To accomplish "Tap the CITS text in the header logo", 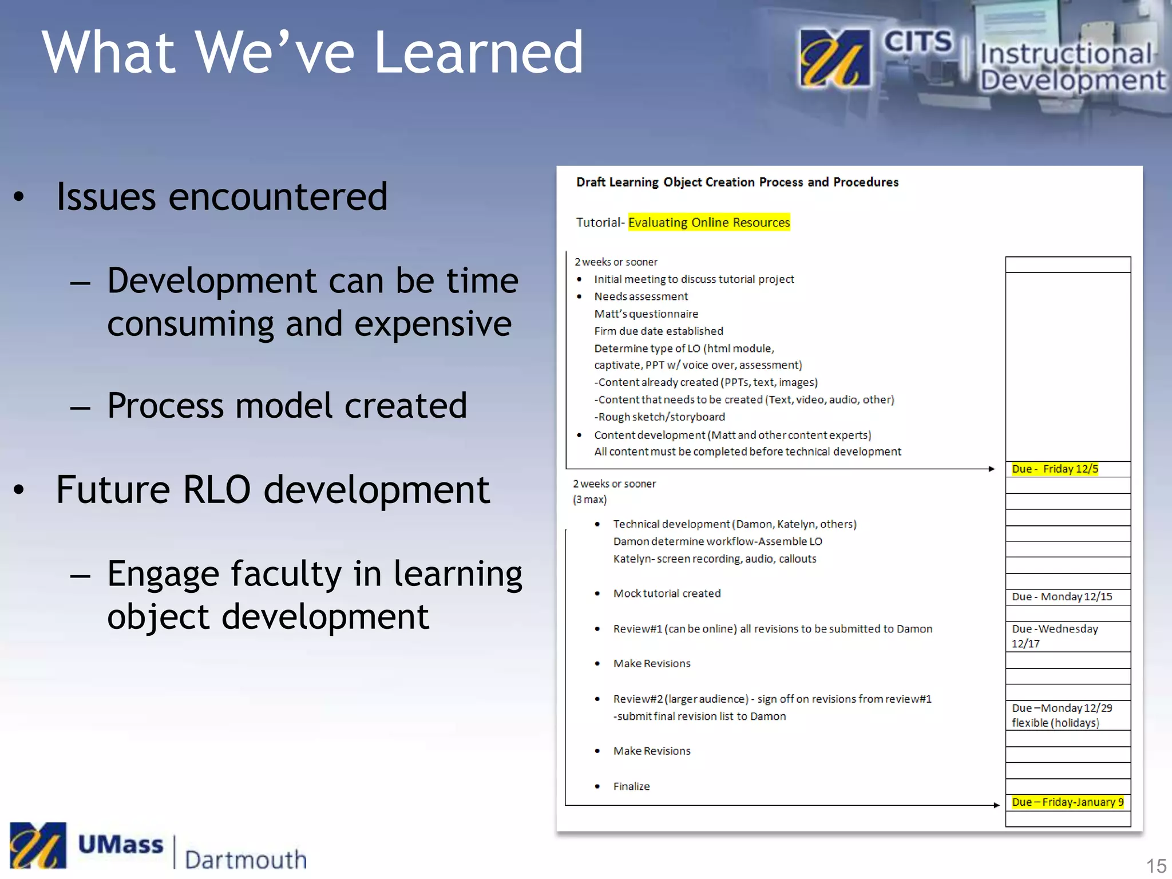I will pyautogui.click(x=917, y=42).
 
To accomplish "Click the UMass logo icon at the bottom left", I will pyautogui.click(x=38, y=845).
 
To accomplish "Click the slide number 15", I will pyautogui.click(x=1155, y=865).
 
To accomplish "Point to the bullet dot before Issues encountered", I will pyautogui.click(x=19, y=197).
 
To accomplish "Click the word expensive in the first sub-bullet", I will pyautogui.click(x=433, y=324).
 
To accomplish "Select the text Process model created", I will pyautogui.click(x=287, y=406).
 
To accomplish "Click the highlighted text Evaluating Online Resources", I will pyautogui.click(x=708, y=222).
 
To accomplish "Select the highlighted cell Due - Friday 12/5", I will pyautogui.click(x=1055, y=469).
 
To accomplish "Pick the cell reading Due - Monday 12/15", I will pyautogui.click(x=1062, y=596).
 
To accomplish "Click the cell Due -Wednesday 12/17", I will pyautogui.click(x=1055, y=636).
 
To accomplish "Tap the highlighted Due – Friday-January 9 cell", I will pyautogui.click(x=1067, y=802).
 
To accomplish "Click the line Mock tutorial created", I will pyautogui.click(x=667, y=593).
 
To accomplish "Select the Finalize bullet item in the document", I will pyautogui.click(x=631, y=786).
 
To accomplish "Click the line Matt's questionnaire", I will pyautogui.click(x=646, y=314).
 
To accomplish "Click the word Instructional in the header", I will pyautogui.click(x=1066, y=54).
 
